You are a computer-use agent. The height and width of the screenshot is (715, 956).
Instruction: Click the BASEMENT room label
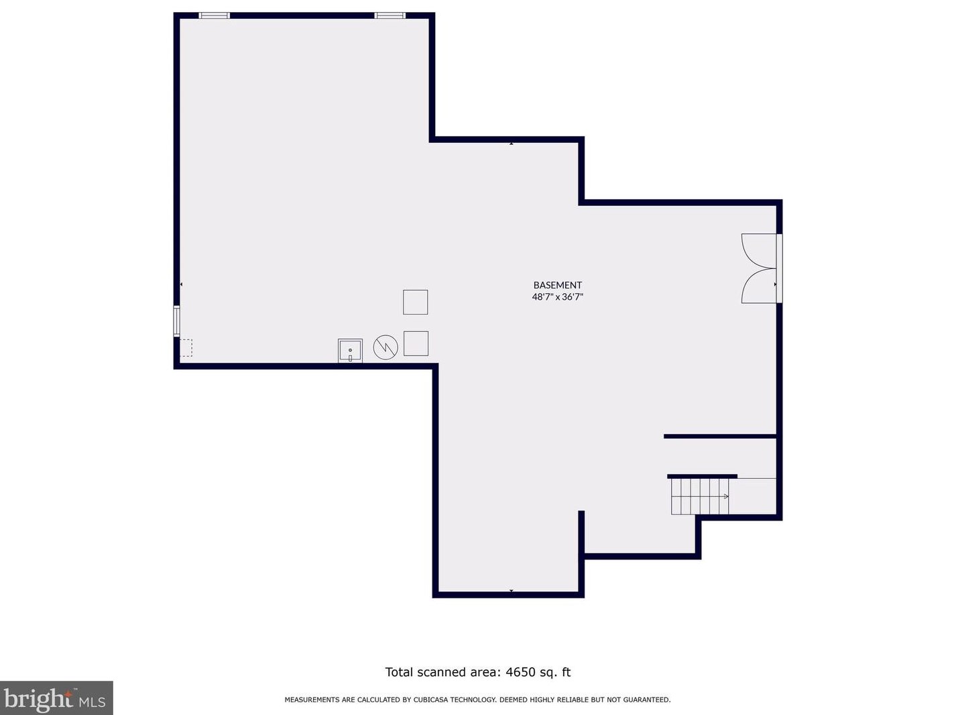click(557, 285)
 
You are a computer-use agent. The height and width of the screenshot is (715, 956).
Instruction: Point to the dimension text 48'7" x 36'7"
click(557, 296)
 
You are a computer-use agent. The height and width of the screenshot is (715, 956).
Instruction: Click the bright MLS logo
click(56, 698)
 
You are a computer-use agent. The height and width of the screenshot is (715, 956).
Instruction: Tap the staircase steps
click(699, 496)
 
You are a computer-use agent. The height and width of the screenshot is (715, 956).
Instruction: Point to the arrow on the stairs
click(725, 496)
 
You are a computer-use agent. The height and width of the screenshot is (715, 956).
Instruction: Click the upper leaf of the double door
click(759, 251)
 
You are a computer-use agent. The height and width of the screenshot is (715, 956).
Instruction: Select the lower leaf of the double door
click(759, 286)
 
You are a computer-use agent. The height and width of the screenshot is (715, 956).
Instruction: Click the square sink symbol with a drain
click(350, 350)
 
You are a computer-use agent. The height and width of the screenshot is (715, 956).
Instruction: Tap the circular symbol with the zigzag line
click(385, 347)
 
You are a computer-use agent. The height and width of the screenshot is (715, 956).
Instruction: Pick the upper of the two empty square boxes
click(415, 302)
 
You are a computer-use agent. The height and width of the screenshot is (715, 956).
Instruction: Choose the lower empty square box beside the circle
click(416, 343)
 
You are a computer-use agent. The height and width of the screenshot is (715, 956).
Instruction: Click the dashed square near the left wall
click(186, 347)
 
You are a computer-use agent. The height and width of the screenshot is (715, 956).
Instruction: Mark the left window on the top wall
click(215, 15)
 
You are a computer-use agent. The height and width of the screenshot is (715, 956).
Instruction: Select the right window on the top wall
click(390, 15)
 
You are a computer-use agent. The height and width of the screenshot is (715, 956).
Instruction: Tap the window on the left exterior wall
click(177, 321)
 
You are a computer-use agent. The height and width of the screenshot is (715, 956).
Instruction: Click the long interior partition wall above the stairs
click(720, 437)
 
